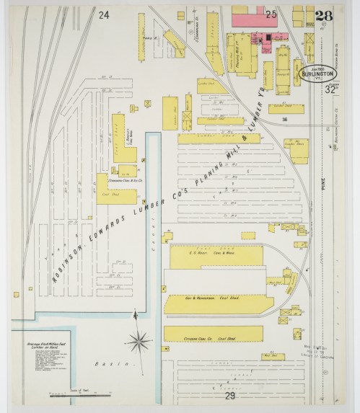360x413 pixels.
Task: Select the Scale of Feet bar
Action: [x=79, y=395]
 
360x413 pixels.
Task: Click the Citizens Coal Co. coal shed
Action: [x=213, y=334]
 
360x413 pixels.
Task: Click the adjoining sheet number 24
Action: [x=104, y=15]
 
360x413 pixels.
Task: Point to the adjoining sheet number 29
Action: [x=229, y=396]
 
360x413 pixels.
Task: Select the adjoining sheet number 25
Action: [x=271, y=14]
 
